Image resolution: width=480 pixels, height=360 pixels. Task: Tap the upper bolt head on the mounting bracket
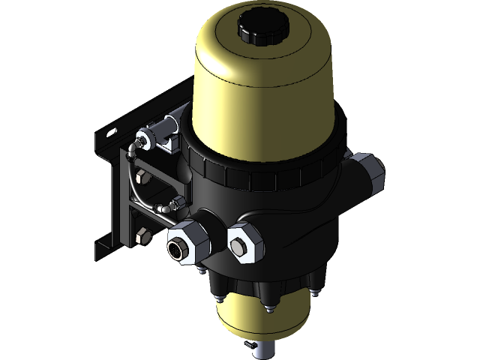(x=142, y=178)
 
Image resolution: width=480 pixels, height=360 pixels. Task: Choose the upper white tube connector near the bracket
(x=142, y=139)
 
